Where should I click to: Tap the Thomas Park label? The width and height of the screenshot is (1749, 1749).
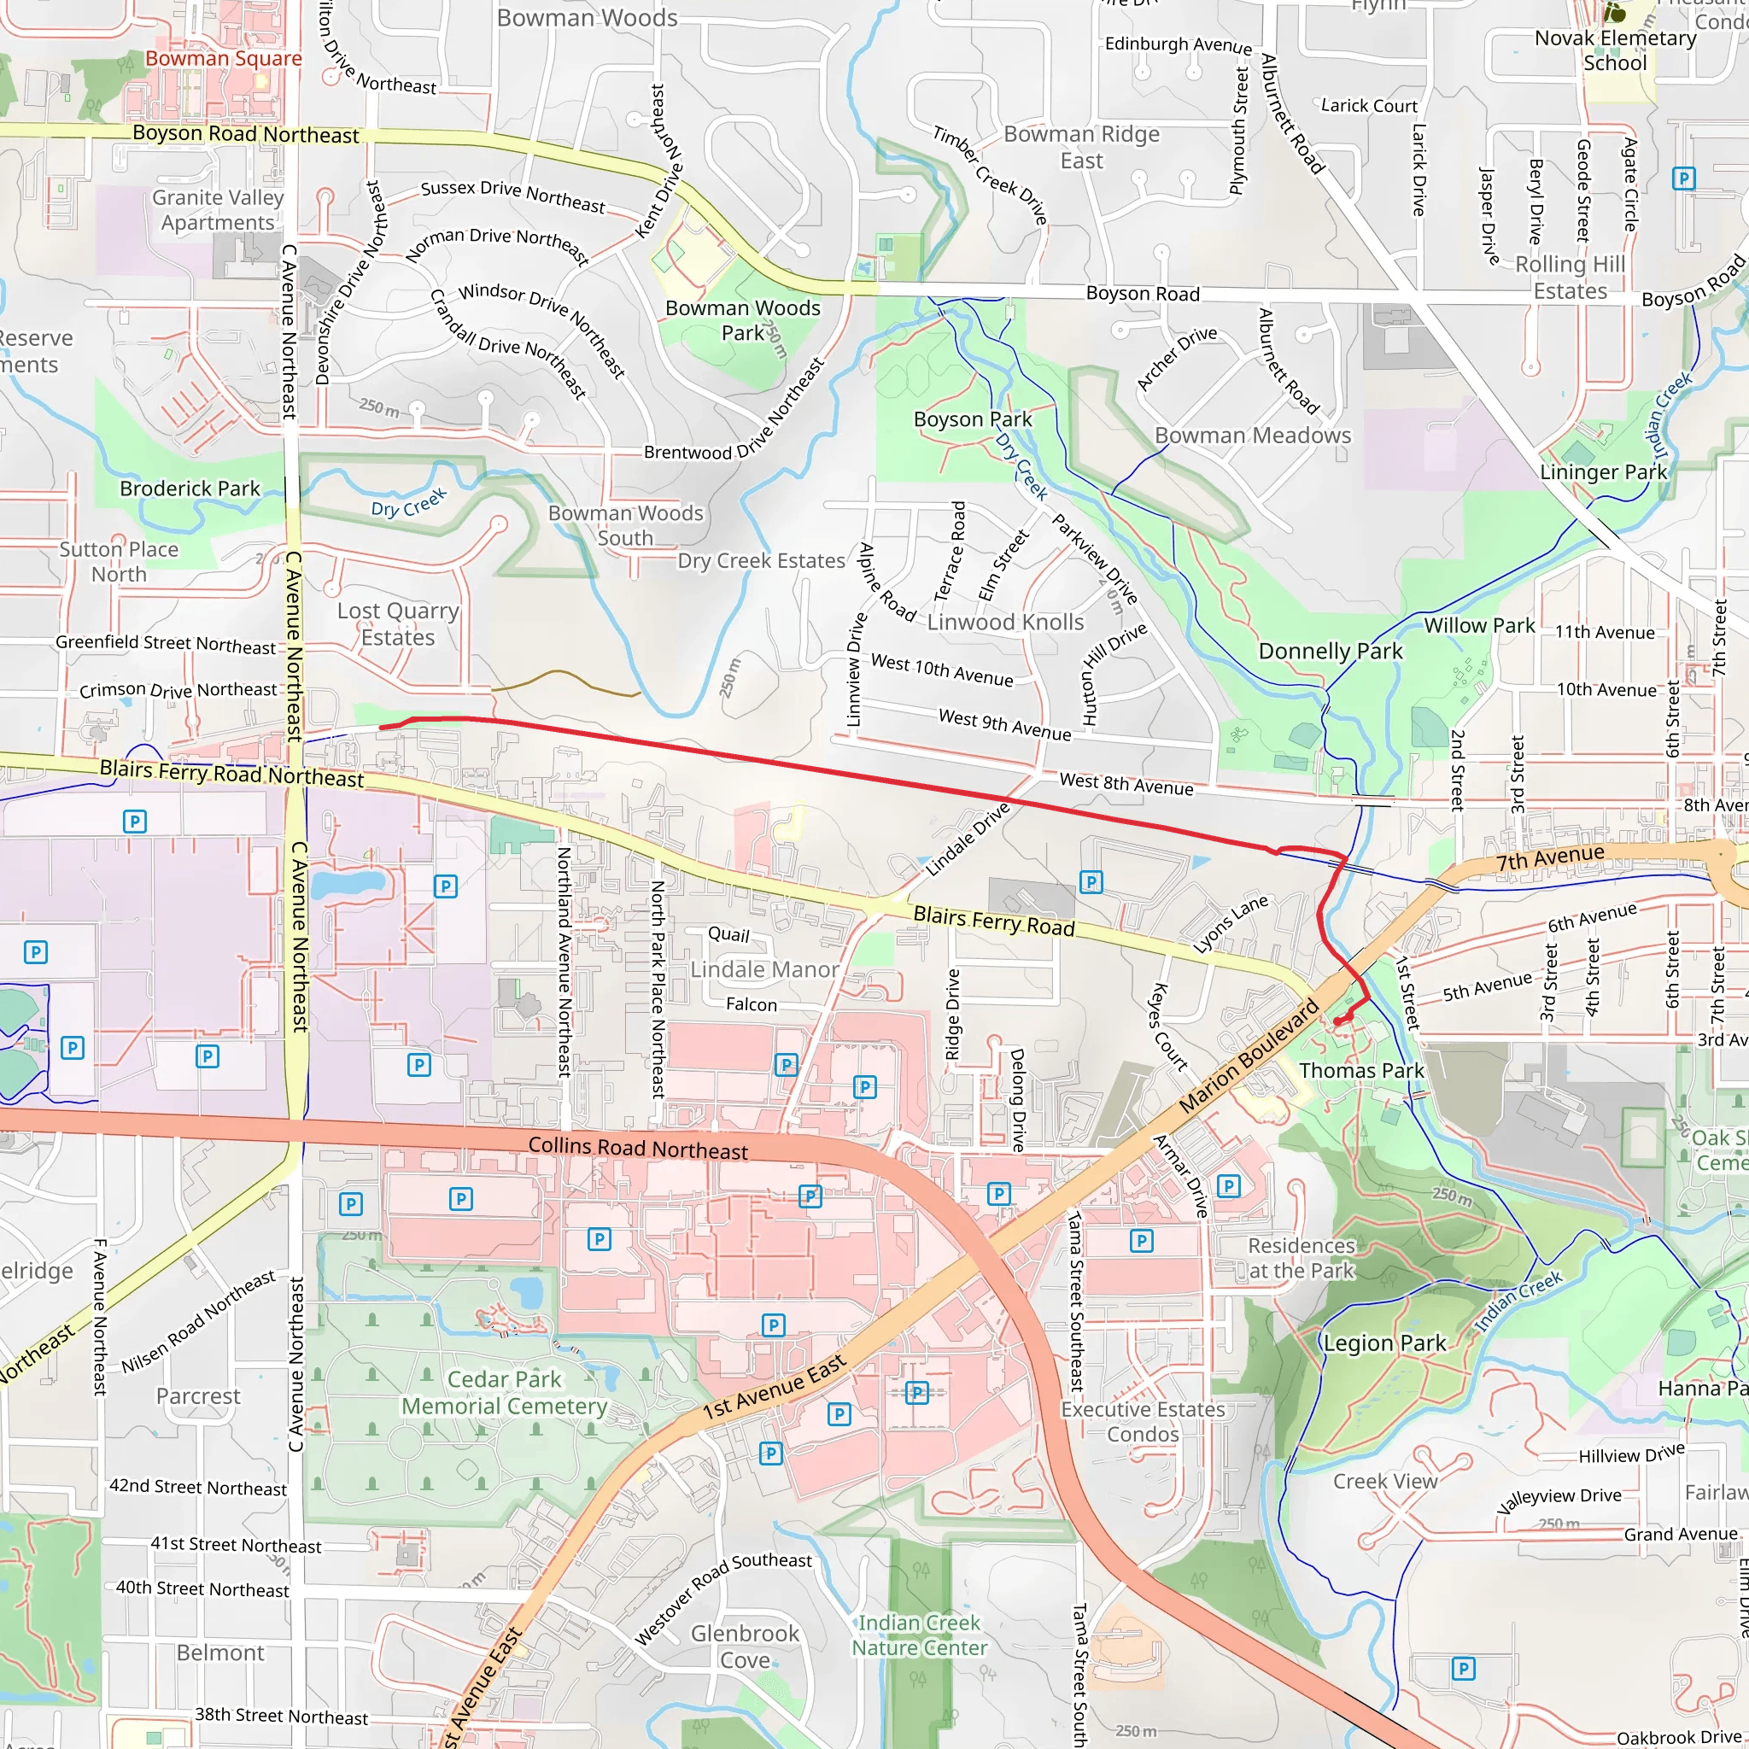[x=1360, y=1071]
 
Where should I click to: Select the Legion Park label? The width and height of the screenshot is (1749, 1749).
[x=1384, y=1343]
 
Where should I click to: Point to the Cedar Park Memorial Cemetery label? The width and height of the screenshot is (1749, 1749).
[x=504, y=1392]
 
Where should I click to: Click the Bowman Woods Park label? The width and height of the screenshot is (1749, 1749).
[x=742, y=320]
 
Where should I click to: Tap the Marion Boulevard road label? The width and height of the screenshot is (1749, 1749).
[x=1249, y=1057]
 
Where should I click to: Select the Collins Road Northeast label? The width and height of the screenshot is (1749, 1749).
[x=637, y=1148]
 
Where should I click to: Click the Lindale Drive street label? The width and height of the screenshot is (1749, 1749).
[x=967, y=839]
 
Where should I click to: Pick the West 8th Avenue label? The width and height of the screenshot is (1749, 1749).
[x=1126, y=784]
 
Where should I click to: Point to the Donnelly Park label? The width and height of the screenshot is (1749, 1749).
[x=1330, y=651]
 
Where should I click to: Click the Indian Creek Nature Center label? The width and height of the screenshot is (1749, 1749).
[x=919, y=1635]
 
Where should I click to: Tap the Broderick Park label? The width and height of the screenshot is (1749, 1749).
[x=190, y=488]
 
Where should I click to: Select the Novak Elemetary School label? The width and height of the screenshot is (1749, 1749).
[x=1615, y=50]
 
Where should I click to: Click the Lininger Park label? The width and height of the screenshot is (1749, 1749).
[x=1603, y=471]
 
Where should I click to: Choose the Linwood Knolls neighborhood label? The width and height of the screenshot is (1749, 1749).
[x=1005, y=622]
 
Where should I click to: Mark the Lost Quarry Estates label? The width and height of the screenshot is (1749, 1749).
[x=398, y=623]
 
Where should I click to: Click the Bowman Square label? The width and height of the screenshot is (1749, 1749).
[x=224, y=59]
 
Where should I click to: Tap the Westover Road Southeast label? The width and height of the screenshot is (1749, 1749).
[x=722, y=1599]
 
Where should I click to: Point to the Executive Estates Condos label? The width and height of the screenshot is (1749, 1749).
[x=1143, y=1421]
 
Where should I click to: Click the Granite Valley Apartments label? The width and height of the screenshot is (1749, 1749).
[x=217, y=210]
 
